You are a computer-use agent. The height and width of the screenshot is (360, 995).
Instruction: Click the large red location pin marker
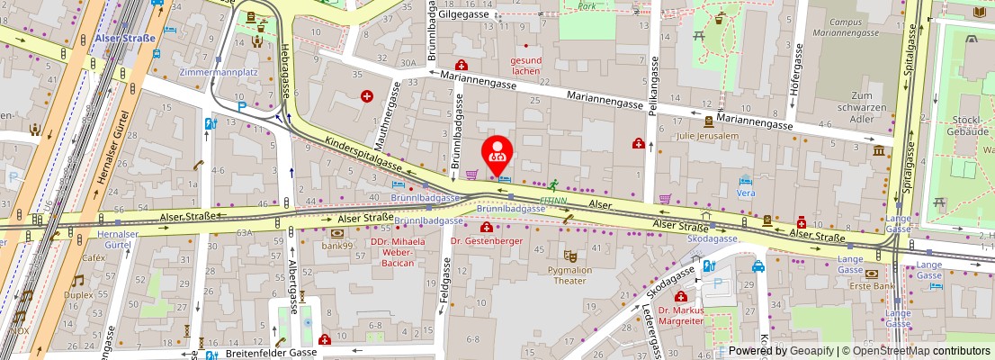click(497, 155)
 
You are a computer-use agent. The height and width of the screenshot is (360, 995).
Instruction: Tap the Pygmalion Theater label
click(569, 274)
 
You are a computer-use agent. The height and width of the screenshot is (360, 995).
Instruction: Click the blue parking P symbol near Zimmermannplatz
click(241, 106)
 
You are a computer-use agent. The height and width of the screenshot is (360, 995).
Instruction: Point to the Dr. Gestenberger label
click(486, 241)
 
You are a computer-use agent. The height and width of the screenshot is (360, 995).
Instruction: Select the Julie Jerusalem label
click(709, 136)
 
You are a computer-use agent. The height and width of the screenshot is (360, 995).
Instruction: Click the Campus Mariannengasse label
click(849, 27)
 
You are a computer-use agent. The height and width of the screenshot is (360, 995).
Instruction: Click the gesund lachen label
click(526, 66)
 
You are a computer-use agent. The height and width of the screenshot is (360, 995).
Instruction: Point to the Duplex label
click(78, 294)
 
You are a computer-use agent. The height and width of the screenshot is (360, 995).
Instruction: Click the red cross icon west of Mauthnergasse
click(367, 96)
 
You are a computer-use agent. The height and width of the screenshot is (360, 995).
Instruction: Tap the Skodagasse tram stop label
click(712, 238)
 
